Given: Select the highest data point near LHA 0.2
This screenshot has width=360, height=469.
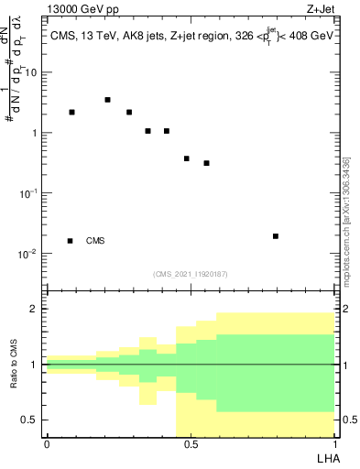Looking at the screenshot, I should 107,100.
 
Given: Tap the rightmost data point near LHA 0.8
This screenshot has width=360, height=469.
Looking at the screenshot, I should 276,236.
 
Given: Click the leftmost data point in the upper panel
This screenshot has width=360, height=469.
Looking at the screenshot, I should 71,112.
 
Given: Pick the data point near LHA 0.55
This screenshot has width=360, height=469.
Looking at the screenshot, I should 207,163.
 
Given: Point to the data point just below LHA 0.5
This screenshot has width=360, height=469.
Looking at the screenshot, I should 187,158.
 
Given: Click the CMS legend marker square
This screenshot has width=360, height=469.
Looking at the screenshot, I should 71,241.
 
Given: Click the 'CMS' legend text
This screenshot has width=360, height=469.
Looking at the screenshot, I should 95,241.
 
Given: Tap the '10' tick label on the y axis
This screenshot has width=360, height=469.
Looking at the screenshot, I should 32,72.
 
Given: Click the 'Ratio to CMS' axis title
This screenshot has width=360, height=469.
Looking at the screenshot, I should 14,365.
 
